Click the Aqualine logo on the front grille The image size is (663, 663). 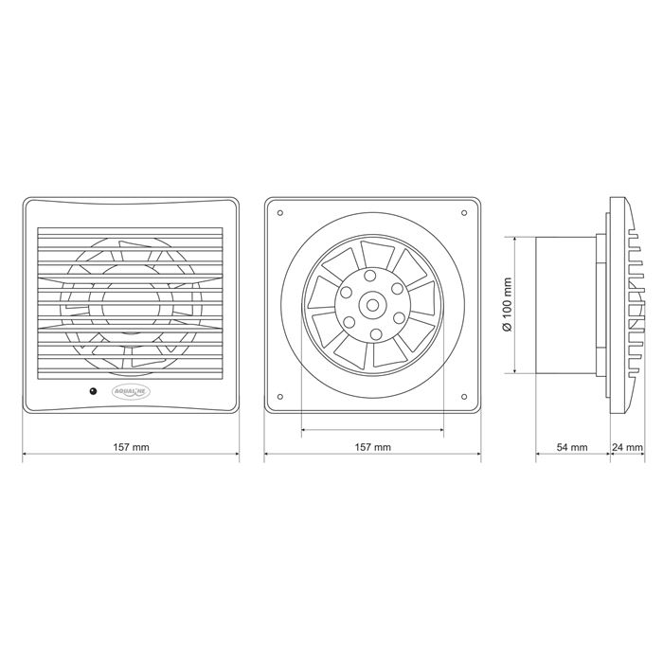tap(131, 391)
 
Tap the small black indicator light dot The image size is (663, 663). tap(93, 391)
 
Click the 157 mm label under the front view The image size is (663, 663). tap(131, 446)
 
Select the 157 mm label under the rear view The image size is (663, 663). tap(372, 446)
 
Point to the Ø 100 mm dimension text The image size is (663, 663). tap(508, 304)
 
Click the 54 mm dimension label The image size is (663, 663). tap(572, 447)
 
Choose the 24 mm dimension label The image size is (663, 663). tap(628, 447)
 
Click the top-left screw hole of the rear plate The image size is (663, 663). tap(280, 213)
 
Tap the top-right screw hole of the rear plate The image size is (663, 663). tap(464, 213)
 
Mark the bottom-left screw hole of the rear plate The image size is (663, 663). tap(280, 397)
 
